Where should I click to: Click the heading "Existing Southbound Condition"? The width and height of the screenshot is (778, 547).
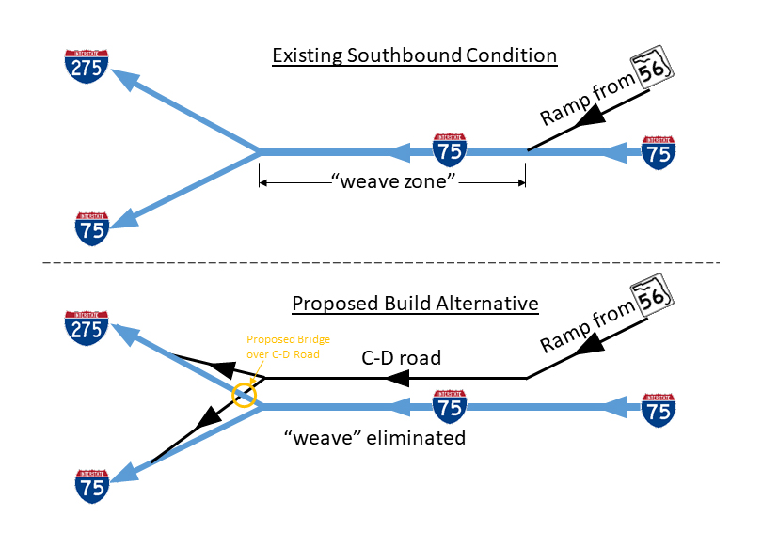tap(414, 56)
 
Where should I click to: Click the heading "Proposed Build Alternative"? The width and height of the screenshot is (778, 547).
tap(415, 305)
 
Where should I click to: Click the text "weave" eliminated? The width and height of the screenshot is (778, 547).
tap(375, 438)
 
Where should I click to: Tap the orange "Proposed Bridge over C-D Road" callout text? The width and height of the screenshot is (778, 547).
tap(287, 346)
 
